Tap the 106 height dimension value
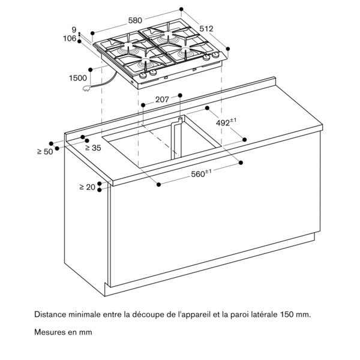tap(70, 39)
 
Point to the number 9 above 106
tap(74, 29)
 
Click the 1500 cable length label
tap(78, 77)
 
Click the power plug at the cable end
tap(92, 89)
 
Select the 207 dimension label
tap(162, 100)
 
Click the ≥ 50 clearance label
tap(44, 152)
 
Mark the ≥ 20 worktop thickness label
tap(88, 187)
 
